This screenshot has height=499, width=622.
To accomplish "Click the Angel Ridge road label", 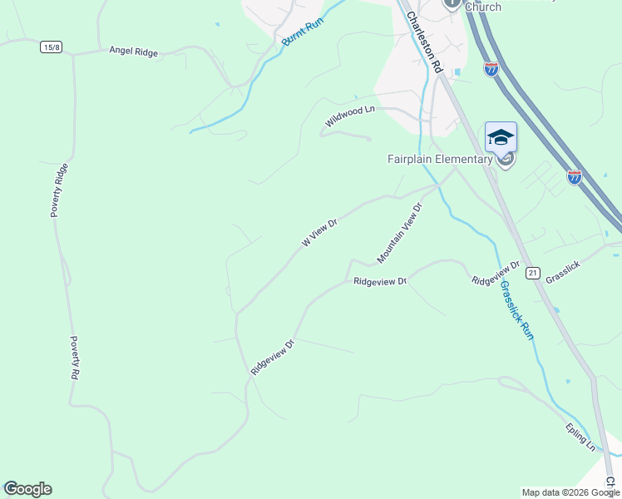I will pyautogui.click(x=133, y=52).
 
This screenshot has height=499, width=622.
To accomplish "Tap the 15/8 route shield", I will pyautogui.click(x=52, y=47).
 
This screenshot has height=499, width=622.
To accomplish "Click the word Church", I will pyautogui.click(x=482, y=7).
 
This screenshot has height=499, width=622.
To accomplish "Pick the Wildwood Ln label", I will pyautogui.click(x=350, y=116).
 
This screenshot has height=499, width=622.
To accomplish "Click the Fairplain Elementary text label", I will pyautogui.click(x=440, y=159).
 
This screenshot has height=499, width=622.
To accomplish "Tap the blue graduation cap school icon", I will pyautogui.click(x=501, y=137).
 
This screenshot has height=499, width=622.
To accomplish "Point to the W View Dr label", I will pyautogui.click(x=319, y=233).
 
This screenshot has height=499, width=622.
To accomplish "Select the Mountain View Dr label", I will pyautogui.click(x=400, y=233).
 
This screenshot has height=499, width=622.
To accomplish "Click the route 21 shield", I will pyautogui.click(x=533, y=272).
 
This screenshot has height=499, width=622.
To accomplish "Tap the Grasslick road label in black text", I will pyautogui.click(x=562, y=272).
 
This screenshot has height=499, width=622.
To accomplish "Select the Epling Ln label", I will pyautogui.click(x=580, y=437).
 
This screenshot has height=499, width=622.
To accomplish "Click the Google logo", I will pyautogui.click(x=27, y=489).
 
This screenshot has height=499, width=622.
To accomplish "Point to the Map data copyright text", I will pyautogui.click(x=570, y=492).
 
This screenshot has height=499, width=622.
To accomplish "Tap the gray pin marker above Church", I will pyautogui.click(x=452, y=2).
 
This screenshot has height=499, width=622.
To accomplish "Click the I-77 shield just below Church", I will pyautogui.click(x=491, y=69).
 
